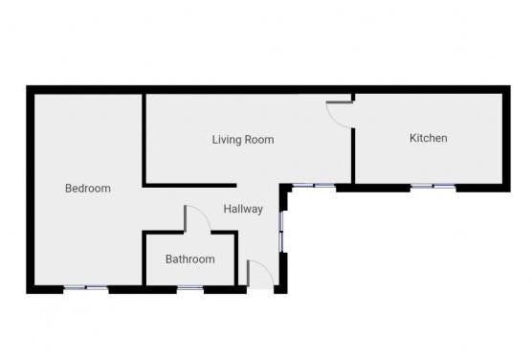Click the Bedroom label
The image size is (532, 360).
pyautogui.click(x=87, y=189)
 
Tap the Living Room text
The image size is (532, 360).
pyautogui.click(x=242, y=140)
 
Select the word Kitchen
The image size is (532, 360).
pyautogui.click(x=428, y=139)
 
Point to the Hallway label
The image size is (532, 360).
pyautogui.click(x=243, y=209)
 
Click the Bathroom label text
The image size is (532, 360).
pyautogui.click(x=189, y=259)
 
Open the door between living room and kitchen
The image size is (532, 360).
pyautogui.click(x=341, y=113)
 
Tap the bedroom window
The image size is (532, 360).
pyautogui.click(x=86, y=287)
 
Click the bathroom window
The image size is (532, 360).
pyautogui.click(x=190, y=287)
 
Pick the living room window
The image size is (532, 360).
pyautogui.click(x=314, y=186)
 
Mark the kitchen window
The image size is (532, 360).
pyautogui.click(x=432, y=186)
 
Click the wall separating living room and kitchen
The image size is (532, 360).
pyautogui.click(x=353, y=153)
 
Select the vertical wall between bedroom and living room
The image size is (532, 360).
pyautogui.click(x=144, y=139)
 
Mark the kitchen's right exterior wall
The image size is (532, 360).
pyautogui.click(x=503, y=139)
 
